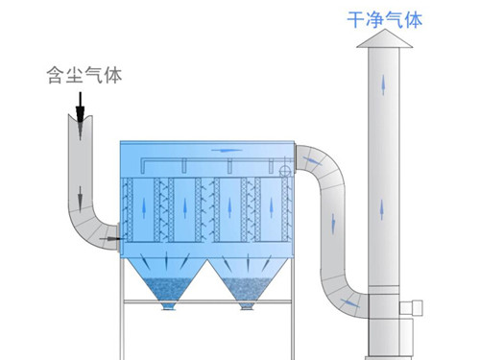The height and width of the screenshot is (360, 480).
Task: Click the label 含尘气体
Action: pos(84,73)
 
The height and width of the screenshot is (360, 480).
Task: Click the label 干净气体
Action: pos(386,18)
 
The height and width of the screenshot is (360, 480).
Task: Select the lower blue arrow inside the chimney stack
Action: pos(386,206)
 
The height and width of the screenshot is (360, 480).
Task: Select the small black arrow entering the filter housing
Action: pos(114,236)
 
